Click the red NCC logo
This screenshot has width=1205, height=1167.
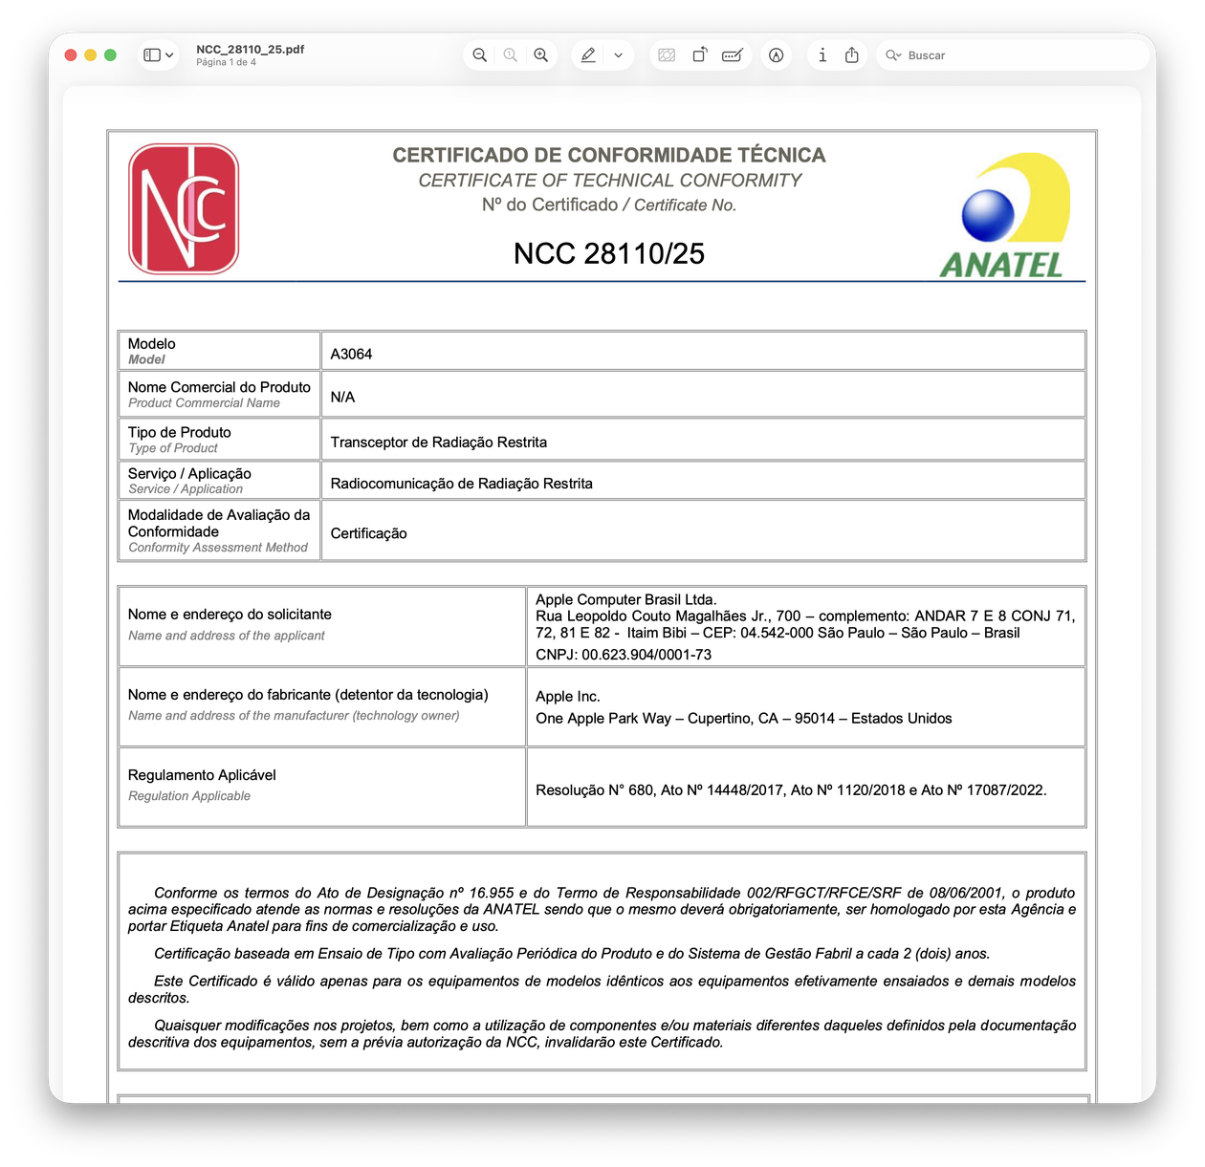point(184,208)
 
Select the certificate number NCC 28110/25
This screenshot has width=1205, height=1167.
point(608,253)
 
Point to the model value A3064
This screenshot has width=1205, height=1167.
point(351,354)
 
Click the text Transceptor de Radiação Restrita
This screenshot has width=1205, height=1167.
point(438,443)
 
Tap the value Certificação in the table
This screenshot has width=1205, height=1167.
point(368,533)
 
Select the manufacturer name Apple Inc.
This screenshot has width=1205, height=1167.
point(568,697)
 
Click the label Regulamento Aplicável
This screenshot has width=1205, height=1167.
point(202,775)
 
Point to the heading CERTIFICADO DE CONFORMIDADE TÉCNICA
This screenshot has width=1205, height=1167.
point(608,155)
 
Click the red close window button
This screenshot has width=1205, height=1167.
point(71,55)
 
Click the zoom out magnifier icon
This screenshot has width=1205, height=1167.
point(480,55)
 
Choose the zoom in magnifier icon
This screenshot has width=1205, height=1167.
point(541,55)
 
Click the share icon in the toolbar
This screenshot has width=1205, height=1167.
point(852,55)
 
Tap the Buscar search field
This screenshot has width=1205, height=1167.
point(1014,55)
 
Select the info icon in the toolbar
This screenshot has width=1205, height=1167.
point(822,55)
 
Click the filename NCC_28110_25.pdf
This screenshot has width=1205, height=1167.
point(250,49)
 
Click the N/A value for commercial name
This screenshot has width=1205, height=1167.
point(342,397)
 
